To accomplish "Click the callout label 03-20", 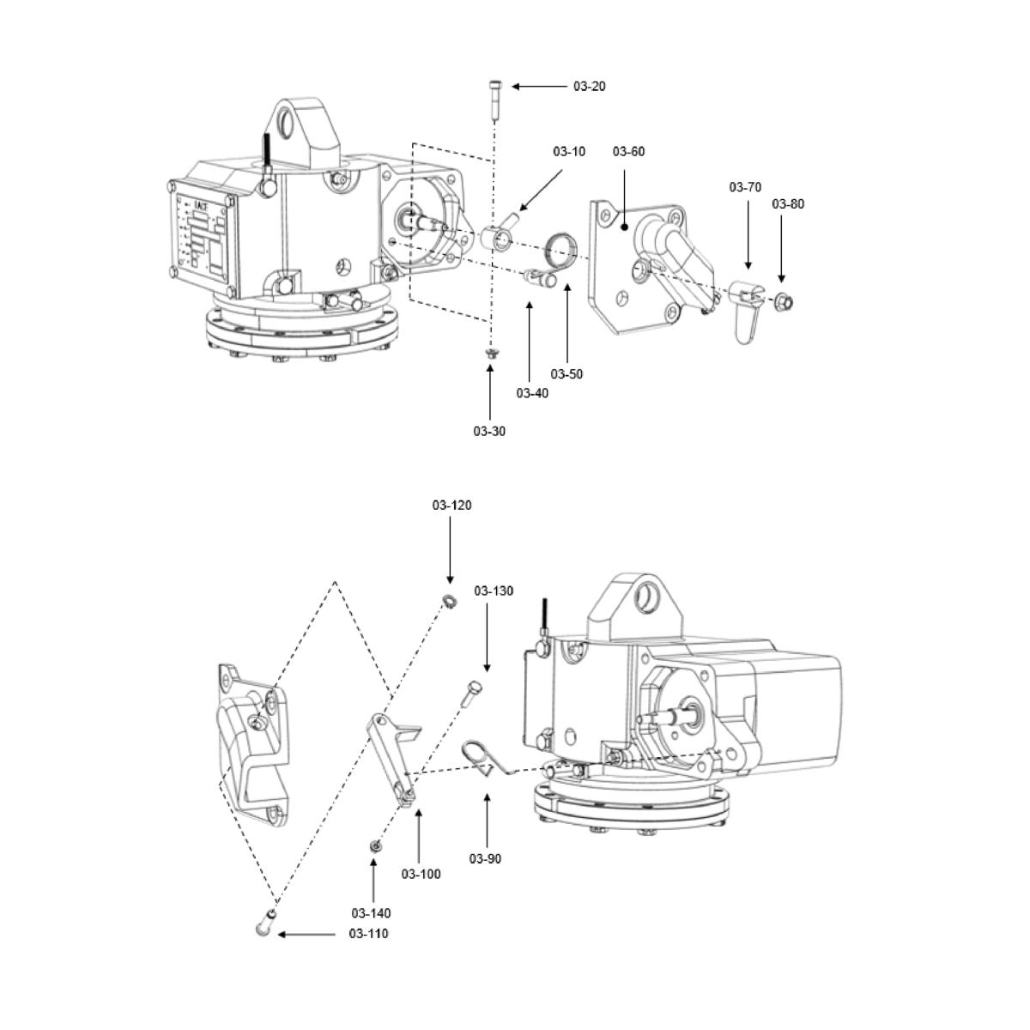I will pos(590,87).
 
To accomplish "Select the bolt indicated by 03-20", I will pos(494,100).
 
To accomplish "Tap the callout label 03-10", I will pos(569,152).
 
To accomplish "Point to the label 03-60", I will pos(628,152).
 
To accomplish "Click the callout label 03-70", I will pos(745,187).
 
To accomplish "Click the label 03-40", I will pos(532,393).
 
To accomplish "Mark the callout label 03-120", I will pos(451,506).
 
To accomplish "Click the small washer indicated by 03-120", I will pos(449,600).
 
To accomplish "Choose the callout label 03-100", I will pos(421,874).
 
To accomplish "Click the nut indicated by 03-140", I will pos(374,847).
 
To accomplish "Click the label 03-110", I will pos(368,933).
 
